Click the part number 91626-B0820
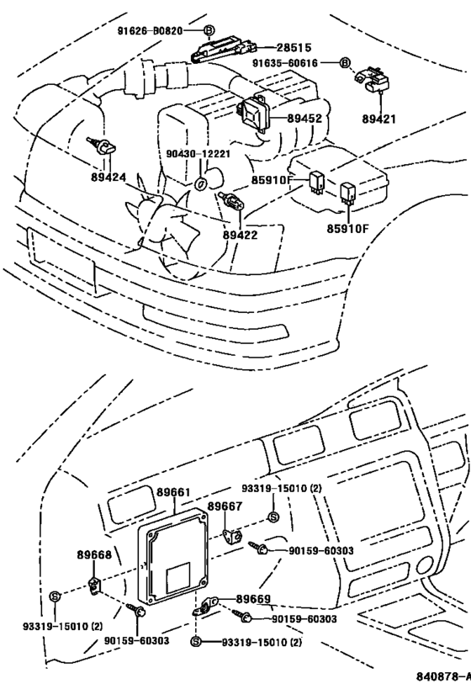pos(148,30)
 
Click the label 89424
pos(107,178)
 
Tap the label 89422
pos(240,235)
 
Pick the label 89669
pos(253,598)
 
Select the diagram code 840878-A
pos(442,677)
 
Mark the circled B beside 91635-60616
pos(344,62)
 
